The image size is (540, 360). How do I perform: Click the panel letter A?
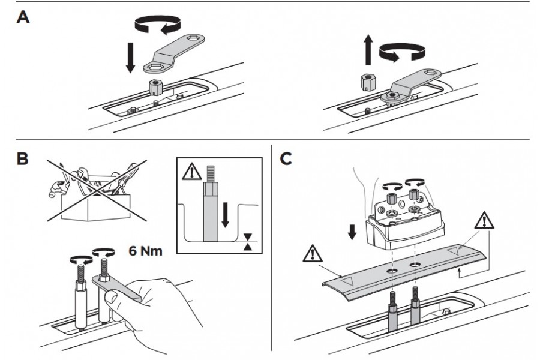pos(23,18)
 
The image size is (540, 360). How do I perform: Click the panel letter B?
pos(22,159)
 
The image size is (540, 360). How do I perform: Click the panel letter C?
pos(286,159)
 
